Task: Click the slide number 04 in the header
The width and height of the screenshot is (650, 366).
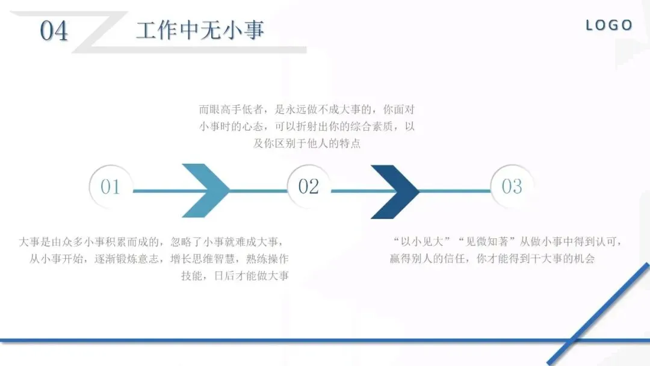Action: pos(54,31)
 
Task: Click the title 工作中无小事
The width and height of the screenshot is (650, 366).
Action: pos(200,30)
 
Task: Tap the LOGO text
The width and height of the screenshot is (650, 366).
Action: pos(609,25)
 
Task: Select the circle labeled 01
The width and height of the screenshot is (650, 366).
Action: pos(111,187)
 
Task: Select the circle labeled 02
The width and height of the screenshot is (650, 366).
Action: pos(308,187)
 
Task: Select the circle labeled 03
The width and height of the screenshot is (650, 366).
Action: pos(512,187)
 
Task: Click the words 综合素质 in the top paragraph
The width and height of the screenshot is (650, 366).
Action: pos(370,128)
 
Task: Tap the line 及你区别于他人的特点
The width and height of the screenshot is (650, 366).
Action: pos(307,144)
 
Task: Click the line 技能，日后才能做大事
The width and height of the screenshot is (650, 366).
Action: pos(235,276)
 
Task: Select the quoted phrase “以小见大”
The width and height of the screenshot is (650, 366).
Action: pos(421,242)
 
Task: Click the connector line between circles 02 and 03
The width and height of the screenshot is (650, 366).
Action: pos(457,191)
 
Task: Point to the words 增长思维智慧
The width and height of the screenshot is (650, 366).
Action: pos(196,259)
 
